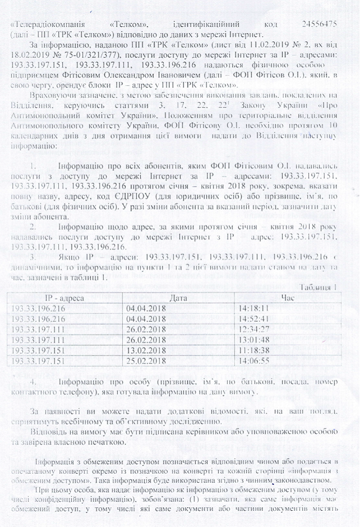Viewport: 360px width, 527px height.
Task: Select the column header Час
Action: coord(286,298)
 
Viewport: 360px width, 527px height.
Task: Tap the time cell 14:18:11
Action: coord(254,308)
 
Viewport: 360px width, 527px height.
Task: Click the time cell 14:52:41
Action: coord(254,318)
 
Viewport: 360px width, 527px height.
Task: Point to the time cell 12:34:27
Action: coord(254,329)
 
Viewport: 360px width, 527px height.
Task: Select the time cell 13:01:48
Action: coord(254,339)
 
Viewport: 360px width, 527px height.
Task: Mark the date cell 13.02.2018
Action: coord(147,350)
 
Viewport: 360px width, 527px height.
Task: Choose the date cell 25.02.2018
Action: coord(147,360)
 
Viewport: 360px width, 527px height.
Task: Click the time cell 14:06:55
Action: coord(254,360)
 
